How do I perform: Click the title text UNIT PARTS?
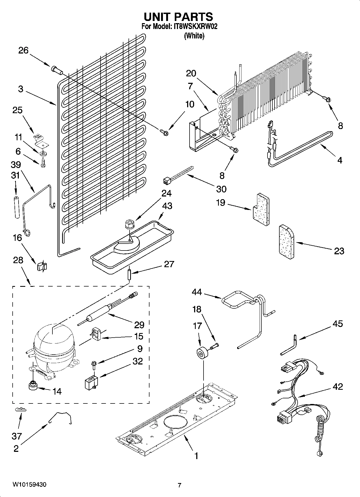point(178,17)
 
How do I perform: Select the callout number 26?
point(23,50)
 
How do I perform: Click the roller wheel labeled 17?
point(201,353)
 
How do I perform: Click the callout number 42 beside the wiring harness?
point(337,387)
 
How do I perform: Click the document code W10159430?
point(29,485)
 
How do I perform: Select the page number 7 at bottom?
point(179,485)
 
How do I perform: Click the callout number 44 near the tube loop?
point(197,292)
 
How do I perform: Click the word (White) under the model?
point(194,36)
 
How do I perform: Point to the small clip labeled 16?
point(42,266)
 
